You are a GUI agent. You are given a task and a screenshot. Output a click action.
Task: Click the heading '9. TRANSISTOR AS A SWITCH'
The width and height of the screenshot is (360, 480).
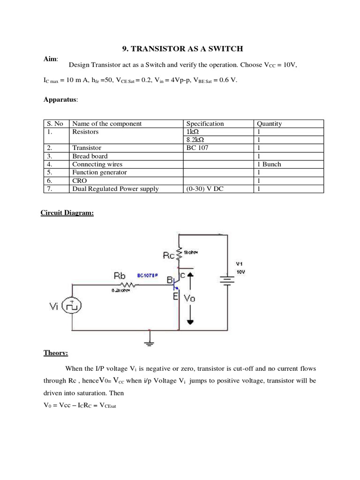click(183, 49)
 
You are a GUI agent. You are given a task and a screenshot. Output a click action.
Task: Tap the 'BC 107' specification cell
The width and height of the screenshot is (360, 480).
click(198, 148)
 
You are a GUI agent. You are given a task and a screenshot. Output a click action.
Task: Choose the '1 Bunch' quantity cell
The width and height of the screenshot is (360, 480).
click(269, 164)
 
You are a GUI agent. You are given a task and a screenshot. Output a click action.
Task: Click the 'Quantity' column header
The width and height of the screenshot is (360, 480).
click(269, 124)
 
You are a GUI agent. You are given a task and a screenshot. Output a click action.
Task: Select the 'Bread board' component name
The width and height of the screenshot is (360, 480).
click(90, 156)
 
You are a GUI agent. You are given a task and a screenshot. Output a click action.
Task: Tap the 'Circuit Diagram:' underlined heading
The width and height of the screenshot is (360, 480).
click(67, 213)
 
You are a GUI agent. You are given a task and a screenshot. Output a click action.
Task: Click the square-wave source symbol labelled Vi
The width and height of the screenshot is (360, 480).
click(72, 306)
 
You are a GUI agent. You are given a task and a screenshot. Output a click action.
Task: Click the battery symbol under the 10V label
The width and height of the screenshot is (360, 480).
click(227, 280)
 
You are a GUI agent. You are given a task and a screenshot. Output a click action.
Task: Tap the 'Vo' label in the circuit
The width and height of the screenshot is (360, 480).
click(189, 298)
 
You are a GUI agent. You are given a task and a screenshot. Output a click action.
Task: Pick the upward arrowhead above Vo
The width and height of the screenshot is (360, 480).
click(190, 276)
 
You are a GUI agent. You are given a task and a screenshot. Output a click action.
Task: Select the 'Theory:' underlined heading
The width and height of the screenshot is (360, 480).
click(56, 353)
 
